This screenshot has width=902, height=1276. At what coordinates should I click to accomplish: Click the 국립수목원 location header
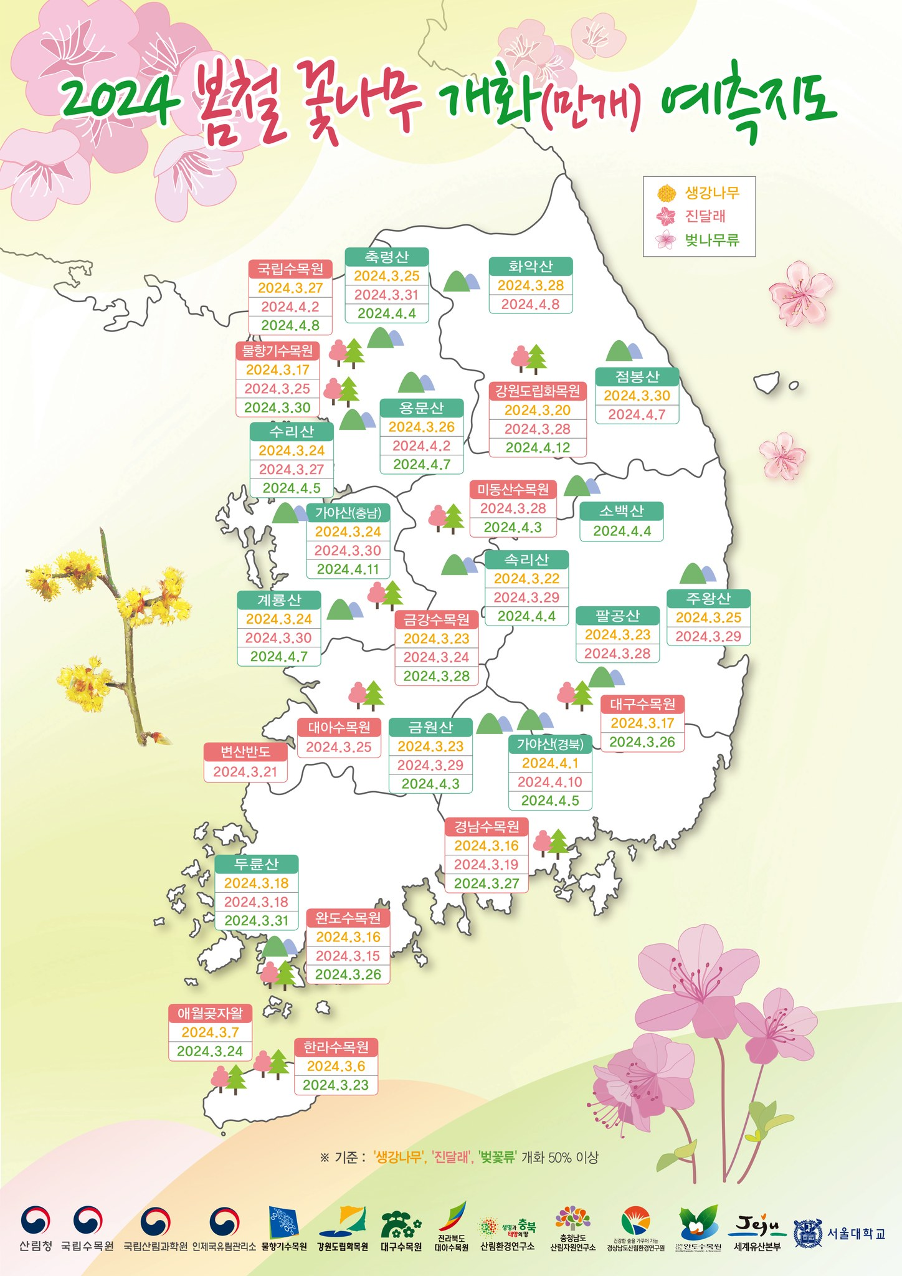click(x=290, y=269)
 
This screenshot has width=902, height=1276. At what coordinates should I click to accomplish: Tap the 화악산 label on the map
click(x=530, y=267)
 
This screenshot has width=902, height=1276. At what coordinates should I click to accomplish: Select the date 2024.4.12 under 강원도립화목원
click(x=538, y=448)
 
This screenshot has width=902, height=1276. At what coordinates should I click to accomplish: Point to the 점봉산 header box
click(x=637, y=376)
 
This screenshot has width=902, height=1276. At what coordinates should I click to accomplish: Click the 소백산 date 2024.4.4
click(x=622, y=531)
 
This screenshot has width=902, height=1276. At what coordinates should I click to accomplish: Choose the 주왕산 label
click(x=708, y=599)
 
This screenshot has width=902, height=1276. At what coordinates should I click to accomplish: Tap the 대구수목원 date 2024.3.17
click(x=642, y=723)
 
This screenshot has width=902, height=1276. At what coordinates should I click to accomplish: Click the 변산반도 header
click(x=245, y=752)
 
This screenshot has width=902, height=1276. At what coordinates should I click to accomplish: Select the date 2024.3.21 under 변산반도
click(x=245, y=772)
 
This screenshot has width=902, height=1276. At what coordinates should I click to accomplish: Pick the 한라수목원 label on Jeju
click(x=336, y=1047)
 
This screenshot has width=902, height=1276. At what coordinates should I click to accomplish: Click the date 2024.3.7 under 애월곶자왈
click(x=210, y=1032)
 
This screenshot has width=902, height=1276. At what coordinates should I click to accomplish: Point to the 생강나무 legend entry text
click(x=712, y=193)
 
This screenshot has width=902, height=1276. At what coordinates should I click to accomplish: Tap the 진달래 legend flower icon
click(x=666, y=216)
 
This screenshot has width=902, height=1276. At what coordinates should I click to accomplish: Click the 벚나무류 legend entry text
click(x=712, y=240)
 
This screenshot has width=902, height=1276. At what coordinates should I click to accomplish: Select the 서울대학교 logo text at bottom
click(x=856, y=1234)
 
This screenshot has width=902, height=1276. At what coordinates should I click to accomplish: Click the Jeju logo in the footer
click(x=757, y=1227)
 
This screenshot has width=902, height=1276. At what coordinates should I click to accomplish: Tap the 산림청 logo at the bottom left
click(x=36, y=1227)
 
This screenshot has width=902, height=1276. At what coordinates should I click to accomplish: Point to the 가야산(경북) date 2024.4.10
click(x=550, y=782)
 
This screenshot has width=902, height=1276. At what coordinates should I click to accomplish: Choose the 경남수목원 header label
click(x=487, y=827)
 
